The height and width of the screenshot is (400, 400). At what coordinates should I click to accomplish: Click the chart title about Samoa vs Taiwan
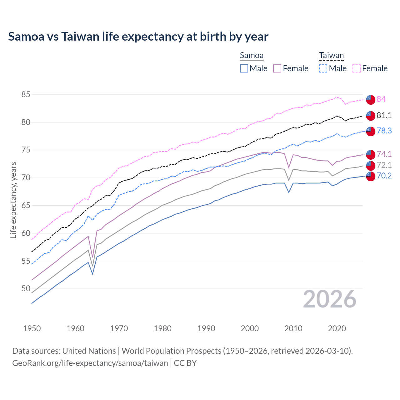138,37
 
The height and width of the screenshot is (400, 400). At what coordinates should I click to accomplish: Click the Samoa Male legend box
244,68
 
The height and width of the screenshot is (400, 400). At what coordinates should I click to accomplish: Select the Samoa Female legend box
277,68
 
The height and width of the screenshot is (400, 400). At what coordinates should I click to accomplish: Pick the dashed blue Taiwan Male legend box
323,68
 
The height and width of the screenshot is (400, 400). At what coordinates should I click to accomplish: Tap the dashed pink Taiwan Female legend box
357,68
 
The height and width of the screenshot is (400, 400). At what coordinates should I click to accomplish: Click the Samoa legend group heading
252,56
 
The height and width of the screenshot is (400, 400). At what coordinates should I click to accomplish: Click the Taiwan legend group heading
331,56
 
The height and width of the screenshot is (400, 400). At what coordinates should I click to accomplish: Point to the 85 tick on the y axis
26,94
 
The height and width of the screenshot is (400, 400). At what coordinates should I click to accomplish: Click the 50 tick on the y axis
26,288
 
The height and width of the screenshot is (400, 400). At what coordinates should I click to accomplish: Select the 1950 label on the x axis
32,328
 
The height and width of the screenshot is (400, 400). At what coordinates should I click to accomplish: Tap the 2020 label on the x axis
337,328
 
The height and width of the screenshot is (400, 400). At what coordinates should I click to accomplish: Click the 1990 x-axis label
206,328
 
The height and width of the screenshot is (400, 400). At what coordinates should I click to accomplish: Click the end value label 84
381,99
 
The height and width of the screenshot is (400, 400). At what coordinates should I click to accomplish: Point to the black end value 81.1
384,115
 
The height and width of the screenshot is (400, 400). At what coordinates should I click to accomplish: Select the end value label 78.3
384,131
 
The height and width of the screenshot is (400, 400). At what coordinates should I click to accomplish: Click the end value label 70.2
384,176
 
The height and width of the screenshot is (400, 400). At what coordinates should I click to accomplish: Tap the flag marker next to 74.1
370,154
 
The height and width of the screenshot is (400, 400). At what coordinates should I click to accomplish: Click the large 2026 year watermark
329,299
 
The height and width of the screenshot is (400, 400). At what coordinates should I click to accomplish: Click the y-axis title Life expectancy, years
13,200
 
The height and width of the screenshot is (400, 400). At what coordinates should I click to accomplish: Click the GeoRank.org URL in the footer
90,363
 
